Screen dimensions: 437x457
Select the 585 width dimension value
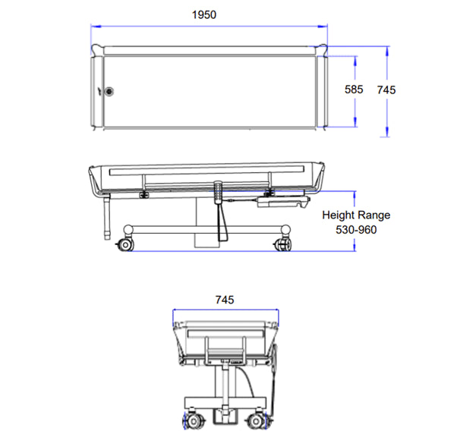355,90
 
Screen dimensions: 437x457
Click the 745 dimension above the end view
224,300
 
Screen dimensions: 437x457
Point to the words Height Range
350,215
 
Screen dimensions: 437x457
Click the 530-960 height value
350,230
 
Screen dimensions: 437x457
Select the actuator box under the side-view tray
279,201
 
